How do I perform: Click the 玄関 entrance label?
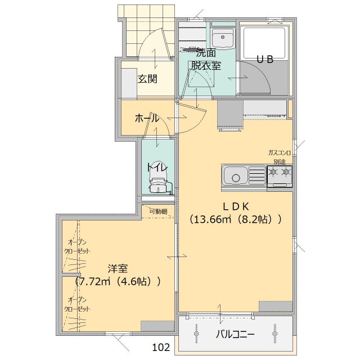point(147,78)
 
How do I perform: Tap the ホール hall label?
point(146,119)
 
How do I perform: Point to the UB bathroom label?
point(265,60)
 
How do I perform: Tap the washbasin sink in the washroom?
point(223,39)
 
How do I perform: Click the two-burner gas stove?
point(280,175)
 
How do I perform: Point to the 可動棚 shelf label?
point(158,211)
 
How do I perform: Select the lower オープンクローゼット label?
point(77,304)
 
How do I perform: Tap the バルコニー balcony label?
point(236,334)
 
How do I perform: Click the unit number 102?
point(161,347)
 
